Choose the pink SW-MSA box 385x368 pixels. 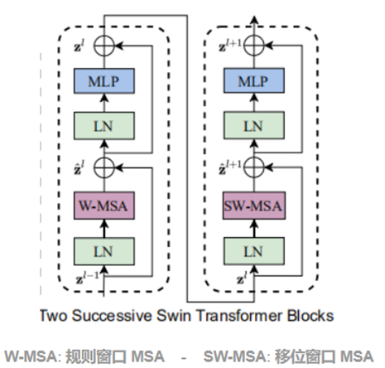pos(253,204)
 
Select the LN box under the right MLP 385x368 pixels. pos(253,126)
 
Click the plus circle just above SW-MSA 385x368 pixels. pos(253,166)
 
